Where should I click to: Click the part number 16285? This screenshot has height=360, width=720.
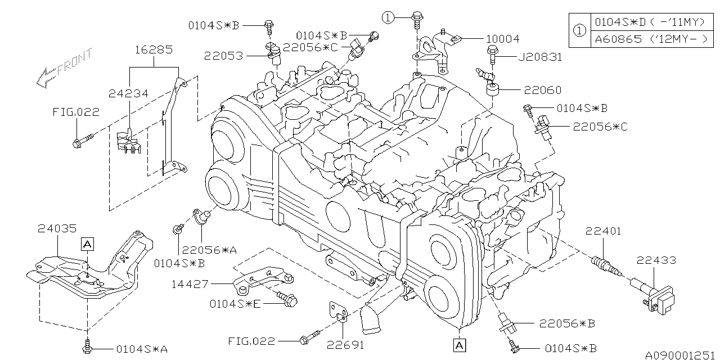point(154,49)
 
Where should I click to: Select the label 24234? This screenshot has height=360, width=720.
point(128,93)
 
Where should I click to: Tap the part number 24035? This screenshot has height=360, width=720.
point(57,228)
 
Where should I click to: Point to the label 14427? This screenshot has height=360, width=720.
point(190,284)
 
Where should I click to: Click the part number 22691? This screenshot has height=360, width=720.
point(345,345)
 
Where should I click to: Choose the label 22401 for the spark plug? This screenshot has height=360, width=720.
point(603,231)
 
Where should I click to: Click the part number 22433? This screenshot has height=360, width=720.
point(656,260)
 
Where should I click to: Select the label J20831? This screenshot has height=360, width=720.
point(540,57)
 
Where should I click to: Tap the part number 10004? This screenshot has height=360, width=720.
point(502,39)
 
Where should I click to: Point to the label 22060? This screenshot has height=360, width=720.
point(543,90)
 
